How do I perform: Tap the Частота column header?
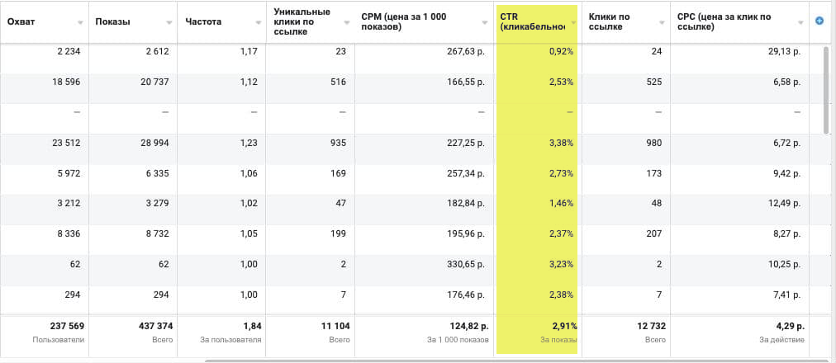pos(203,21)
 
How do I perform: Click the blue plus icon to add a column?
pos(819,21)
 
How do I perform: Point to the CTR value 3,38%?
pos(560,143)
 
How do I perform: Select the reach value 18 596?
pos(67,82)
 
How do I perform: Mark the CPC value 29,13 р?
pos(781,51)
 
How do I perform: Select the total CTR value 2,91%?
pos(558,326)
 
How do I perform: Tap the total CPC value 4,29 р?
pos(784,326)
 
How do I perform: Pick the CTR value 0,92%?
pos(560,51)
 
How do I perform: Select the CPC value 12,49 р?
pos(781,204)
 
